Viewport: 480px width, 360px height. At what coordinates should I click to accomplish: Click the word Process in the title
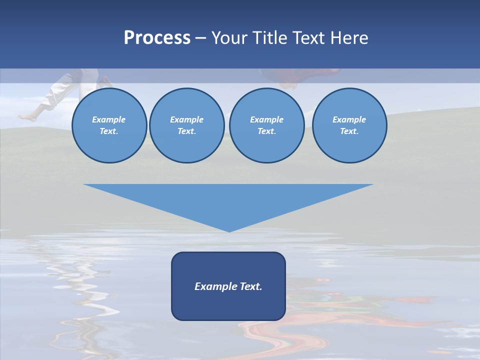[x=157, y=38]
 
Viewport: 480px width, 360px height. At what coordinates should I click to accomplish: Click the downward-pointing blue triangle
[x=228, y=202]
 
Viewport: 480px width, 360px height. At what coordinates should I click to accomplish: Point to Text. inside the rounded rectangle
[x=250, y=286]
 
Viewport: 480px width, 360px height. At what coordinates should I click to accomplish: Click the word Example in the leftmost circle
[x=109, y=119]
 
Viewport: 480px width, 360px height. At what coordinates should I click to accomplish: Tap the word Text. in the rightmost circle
[x=349, y=131]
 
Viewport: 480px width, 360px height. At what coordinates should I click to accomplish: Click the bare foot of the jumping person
[x=27, y=117]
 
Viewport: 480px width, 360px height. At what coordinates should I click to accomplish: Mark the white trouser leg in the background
[x=60, y=90]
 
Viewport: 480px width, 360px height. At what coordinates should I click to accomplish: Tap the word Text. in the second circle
[x=186, y=131]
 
